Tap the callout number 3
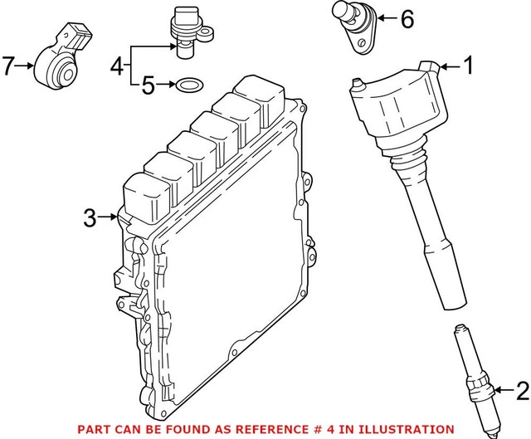(90, 219)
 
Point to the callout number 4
(117, 63)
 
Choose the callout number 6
(406, 19)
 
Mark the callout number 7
(8, 66)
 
